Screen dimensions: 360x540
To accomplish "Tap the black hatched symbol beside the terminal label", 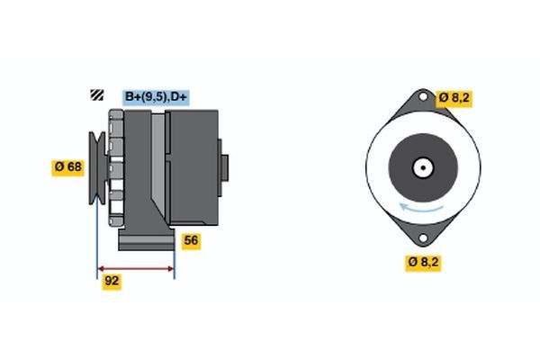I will point(95,96).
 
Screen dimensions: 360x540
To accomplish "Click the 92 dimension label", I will point(112,281).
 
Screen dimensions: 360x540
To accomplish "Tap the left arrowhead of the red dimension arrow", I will point(101,268).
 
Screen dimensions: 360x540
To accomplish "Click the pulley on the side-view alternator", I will point(95,167).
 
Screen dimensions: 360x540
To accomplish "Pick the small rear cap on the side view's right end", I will point(225,167).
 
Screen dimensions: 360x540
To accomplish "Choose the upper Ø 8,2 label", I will point(455,96).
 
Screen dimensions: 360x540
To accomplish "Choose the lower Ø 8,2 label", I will point(424,262).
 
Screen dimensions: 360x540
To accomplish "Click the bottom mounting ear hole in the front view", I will point(421,238).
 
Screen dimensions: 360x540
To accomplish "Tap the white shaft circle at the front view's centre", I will point(421,167).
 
